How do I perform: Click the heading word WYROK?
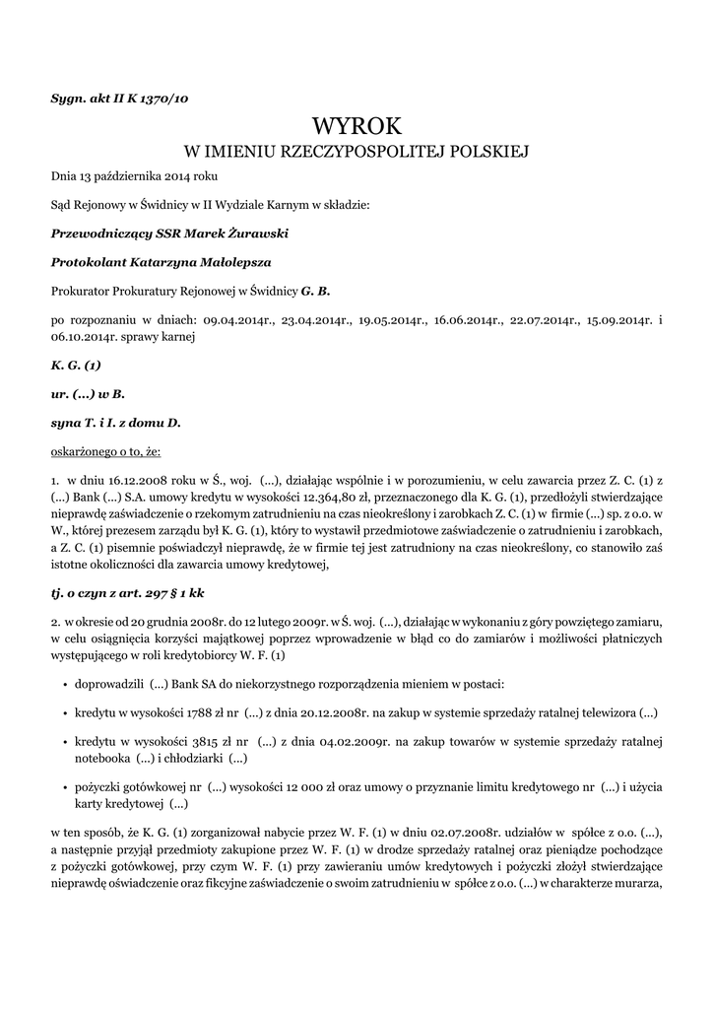[357, 125]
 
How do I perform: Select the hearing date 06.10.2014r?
[86, 335]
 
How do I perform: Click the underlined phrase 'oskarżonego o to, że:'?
[105, 451]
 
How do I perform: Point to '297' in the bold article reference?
[145, 593]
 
